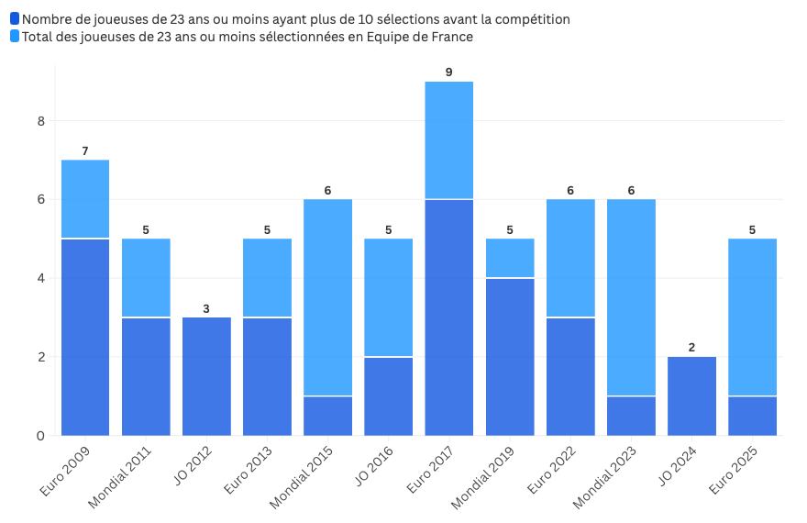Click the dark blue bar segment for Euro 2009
(85, 337)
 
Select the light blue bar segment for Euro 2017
(448, 140)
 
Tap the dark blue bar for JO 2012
(206, 376)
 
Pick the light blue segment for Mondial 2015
(327, 297)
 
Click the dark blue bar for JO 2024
(691, 395)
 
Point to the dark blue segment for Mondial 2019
(510, 356)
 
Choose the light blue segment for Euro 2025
(752, 317)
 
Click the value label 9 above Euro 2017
(448, 72)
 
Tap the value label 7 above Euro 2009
(85, 151)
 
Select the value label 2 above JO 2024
(691, 348)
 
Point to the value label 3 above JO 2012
(206, 308)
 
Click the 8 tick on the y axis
(40, 121)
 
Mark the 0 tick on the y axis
(40, 436)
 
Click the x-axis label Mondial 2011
(120, 477)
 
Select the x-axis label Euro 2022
(550, 472)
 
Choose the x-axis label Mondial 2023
(604, 477)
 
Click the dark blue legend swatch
(15, 19)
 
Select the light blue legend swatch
(15, 37)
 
